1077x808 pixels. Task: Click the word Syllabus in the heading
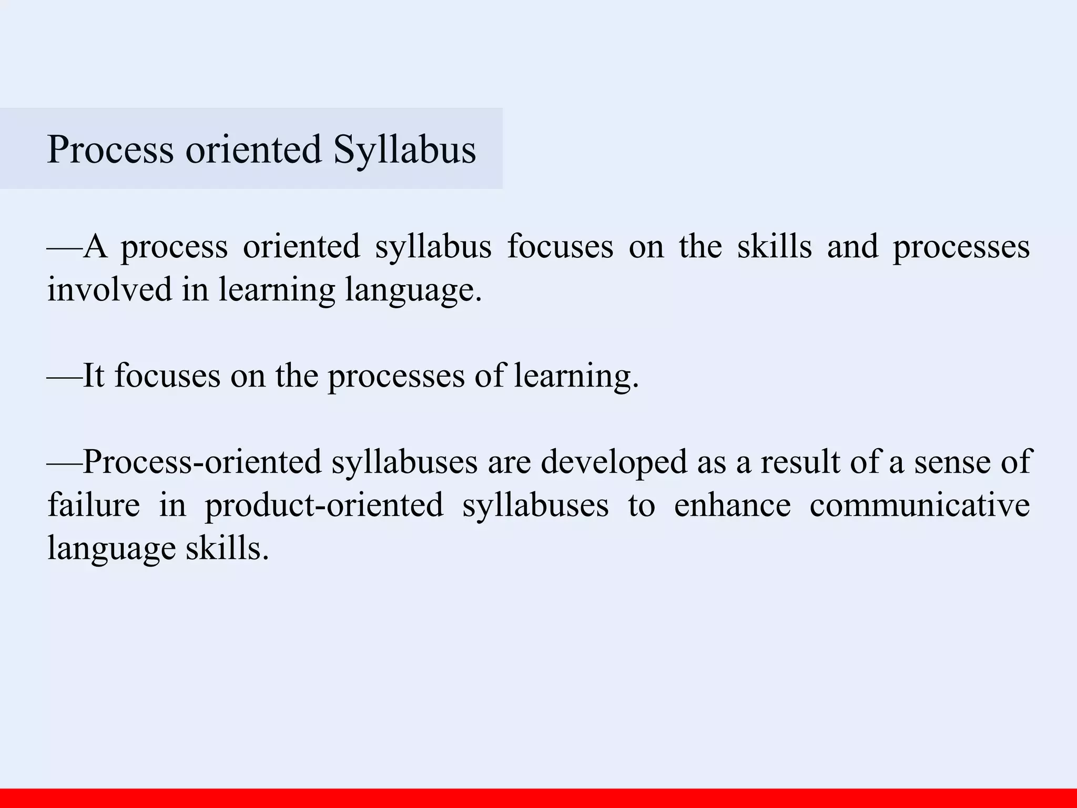[404, 150]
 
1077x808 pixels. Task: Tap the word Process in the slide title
[110, 150]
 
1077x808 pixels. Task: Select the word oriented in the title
[253, 150]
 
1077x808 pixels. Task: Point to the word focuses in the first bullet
[560, 246]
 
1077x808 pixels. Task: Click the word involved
[109, 289]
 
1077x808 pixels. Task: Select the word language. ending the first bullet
[413, 290]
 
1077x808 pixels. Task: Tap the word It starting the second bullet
[94, 376]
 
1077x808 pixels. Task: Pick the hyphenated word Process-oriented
[202, 462]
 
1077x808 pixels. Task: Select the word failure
[94, 505]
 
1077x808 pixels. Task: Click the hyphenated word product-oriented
[324, 505]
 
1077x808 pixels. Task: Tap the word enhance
[732, 505]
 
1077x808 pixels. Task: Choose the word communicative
[919, 505]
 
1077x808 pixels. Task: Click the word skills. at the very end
[227, 548]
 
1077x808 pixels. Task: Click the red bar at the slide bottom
[538, 798]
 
